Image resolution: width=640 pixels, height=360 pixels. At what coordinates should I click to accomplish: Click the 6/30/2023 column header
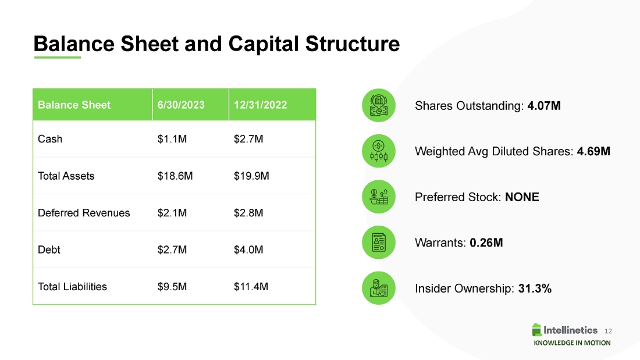(181, 105)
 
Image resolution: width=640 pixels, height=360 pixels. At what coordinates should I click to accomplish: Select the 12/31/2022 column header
(261, 105)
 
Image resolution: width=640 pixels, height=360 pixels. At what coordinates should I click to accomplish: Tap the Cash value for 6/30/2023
(172, 139)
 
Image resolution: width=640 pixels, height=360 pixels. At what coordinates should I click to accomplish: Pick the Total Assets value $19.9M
(251, 176)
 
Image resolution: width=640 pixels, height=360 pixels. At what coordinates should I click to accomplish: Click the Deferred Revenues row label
(84, 213)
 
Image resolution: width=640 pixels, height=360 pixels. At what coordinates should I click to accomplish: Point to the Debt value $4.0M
(248, 249)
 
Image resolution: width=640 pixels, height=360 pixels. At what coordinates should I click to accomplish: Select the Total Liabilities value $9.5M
(172, 287)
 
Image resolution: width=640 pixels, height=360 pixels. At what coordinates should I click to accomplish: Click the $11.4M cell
(251, 287)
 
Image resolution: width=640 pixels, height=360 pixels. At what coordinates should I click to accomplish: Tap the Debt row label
(49, 249)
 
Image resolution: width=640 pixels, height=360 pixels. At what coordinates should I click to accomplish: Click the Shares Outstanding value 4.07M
(543, 106)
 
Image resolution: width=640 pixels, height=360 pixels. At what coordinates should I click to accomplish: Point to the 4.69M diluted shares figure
(593, 151)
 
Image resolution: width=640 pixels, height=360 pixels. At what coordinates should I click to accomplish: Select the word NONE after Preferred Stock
(522, 197)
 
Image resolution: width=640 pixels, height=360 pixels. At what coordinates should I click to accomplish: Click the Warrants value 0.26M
(486, 243)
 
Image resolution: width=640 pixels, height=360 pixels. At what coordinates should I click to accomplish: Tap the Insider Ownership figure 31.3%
(535, 288)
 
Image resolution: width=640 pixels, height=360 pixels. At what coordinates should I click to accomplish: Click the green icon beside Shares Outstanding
(379, 105)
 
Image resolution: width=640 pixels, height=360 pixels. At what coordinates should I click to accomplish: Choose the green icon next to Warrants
(379, 243)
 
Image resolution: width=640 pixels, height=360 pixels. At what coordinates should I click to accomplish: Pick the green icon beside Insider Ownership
(379, 288)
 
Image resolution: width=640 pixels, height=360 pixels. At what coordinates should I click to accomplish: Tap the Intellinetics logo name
(570, 330)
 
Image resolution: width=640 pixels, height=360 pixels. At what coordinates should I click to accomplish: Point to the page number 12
(608, 331)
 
